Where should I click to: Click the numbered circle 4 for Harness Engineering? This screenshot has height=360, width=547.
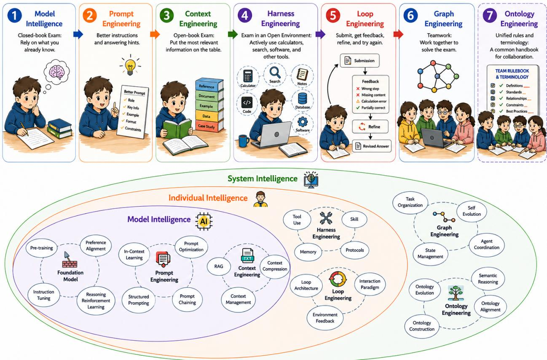click(x=245, y=15)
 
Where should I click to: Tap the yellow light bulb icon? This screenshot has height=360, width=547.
click(x=130, y=67)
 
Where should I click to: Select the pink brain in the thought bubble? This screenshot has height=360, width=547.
click(x=56, y=72)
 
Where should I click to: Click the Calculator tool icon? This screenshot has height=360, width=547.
click(x=248, y=76)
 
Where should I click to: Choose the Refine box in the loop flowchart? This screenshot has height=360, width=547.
click(x=370, y=126)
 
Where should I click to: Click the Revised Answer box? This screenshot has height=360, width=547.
click(x=372, y=146)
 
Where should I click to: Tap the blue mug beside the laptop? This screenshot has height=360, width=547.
click(x=244, y=141)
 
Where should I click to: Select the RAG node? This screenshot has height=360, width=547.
click(x=219, y=266)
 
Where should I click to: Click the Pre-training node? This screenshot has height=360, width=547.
click(x=42, y=248)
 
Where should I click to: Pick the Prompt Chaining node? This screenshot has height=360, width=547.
click(x=187, y=299)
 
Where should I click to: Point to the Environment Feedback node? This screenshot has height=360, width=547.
click(x=325, y=318)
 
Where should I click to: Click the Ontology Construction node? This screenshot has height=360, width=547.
click(x=422, y=326)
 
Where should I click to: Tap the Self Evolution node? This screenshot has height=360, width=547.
click(x=472, y=211)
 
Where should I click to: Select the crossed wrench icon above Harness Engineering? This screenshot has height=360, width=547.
click(x=326, y=218)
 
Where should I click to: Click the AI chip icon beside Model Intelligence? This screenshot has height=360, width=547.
click(x=204, y=221)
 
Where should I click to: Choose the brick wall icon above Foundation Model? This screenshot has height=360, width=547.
click(x=70, y=261)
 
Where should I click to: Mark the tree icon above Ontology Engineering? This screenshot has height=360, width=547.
click(x=455, y=293)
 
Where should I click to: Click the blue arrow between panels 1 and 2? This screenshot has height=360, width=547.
click(x=78, y=34)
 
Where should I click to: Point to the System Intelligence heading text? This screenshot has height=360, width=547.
click(x=263, y=179)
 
